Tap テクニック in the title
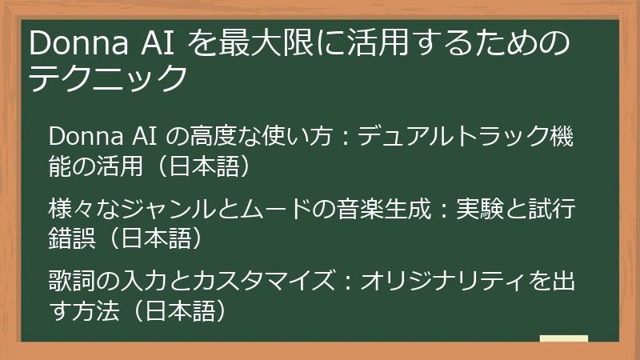click(107, 78)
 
